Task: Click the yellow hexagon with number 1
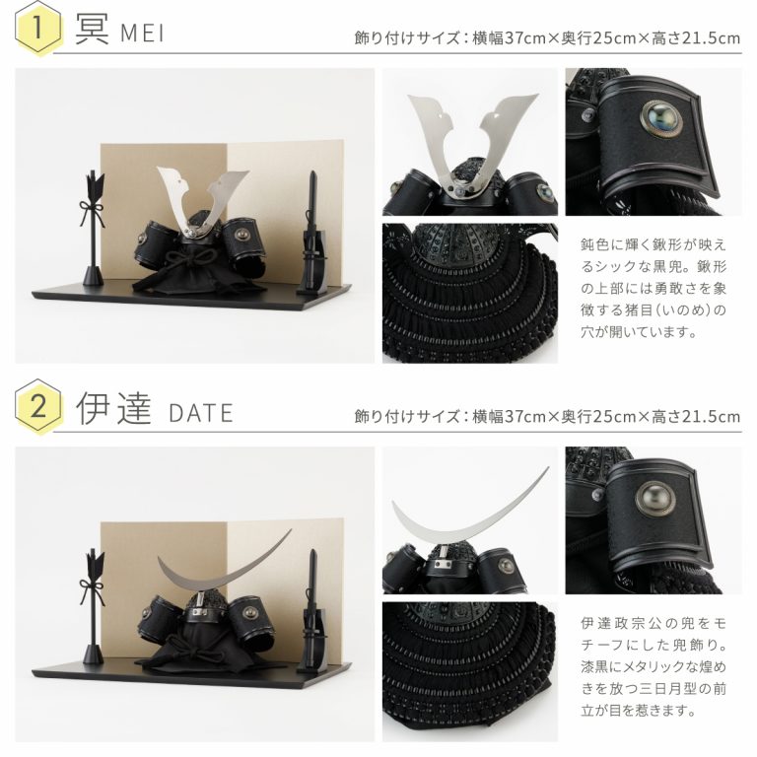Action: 38,28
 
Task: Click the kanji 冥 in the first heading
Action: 93,29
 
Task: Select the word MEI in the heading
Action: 142,34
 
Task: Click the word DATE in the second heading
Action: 201,413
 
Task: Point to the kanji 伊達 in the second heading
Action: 114,408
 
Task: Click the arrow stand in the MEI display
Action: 93,228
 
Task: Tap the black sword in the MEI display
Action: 312,233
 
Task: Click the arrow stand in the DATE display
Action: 93,607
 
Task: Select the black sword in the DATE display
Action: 312,611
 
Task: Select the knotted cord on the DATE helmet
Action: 198,647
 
